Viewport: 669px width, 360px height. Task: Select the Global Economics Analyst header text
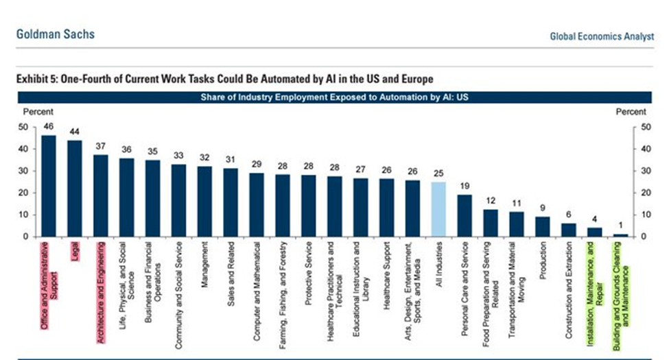(602, 36)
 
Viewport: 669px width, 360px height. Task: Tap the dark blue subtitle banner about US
(334, 97)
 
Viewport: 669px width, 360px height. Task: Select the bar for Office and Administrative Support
(49, 186)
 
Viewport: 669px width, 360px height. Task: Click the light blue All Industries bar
(438, 209)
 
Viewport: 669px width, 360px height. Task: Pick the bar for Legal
(75, 188)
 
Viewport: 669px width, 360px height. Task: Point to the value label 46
(49, 126)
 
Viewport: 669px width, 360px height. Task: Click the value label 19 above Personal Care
(465, 186)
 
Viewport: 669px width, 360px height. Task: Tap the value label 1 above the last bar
(620, 226)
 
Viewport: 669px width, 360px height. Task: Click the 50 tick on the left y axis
(24, 127)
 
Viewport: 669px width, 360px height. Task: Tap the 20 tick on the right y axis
(645, 193)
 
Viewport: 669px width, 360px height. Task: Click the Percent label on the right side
(631, 112)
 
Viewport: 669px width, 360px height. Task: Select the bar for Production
(543, 226)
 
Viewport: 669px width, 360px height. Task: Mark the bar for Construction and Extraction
(569, 230)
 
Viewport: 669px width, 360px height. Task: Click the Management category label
(204, 263)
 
